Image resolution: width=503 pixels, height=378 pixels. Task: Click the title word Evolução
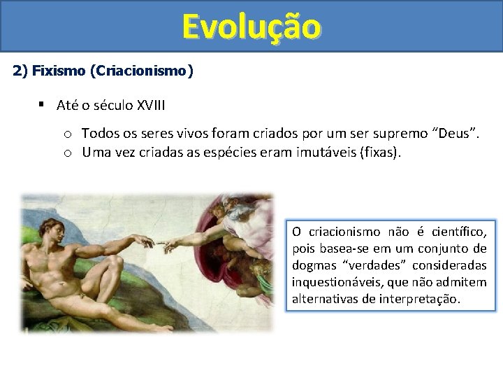(x=251, y=27)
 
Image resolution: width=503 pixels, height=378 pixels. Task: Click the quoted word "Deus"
(x=454, y=133)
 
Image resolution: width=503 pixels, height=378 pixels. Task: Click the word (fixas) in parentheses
(x=380, y=152)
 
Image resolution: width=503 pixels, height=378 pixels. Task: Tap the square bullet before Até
(x=43, y=105)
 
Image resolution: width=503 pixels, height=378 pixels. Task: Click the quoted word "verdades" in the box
(x=370, y=265)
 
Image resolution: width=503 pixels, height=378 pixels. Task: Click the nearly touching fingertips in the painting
(x=159, y=244)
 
